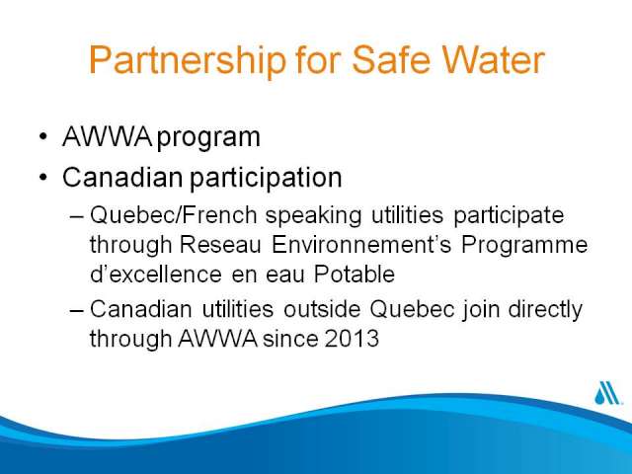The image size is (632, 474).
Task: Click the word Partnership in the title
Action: click(188, 60)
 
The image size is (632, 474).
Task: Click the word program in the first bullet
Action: click(208, 138)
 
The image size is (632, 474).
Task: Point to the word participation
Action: click(266, 178)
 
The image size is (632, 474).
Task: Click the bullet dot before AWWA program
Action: click(43, 136)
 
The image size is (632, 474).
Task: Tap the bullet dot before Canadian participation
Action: click(43, 177)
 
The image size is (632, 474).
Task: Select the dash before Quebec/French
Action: click(77, 216)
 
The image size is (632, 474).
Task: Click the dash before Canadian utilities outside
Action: click(77, 311)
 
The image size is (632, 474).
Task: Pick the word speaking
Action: click(314, 216)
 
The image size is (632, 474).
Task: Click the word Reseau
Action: click(220, 245)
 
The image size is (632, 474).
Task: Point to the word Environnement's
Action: click(361, 245)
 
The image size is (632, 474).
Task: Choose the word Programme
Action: click(524, 246)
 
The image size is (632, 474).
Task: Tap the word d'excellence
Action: click(156, 275)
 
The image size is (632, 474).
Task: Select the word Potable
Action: click(355, 275)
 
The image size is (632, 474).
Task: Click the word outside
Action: click(322, 309)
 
